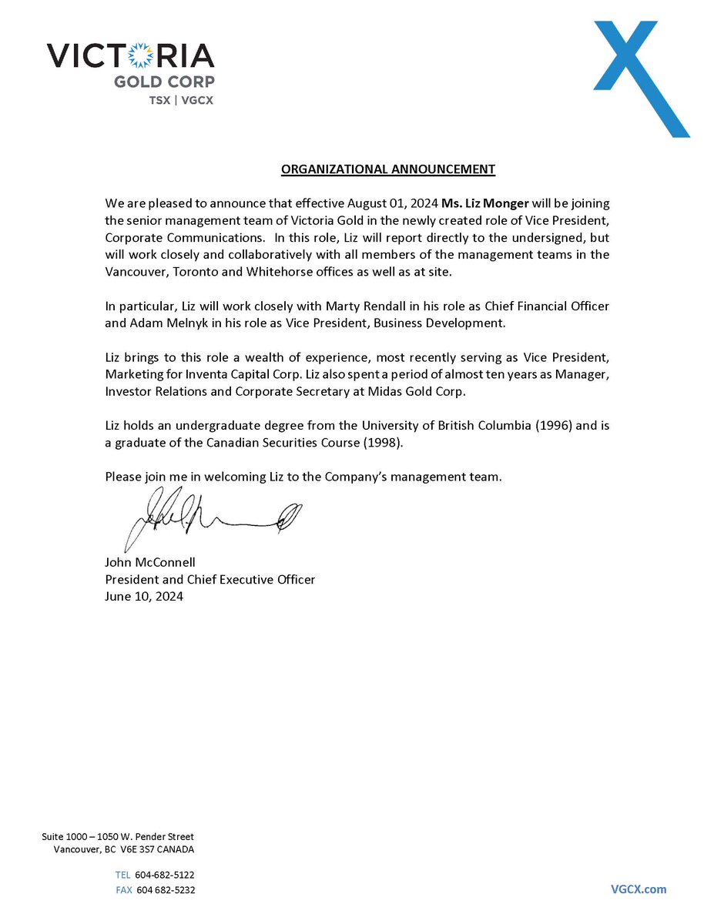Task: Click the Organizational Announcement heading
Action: [387, 169]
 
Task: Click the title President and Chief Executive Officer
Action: [210, 579]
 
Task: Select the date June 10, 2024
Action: [144, 596]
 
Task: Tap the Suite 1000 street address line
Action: [118, 836]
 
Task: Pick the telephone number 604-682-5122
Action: [164, 875]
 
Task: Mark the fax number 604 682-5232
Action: [166, 889]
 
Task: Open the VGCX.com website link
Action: [639, 889]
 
